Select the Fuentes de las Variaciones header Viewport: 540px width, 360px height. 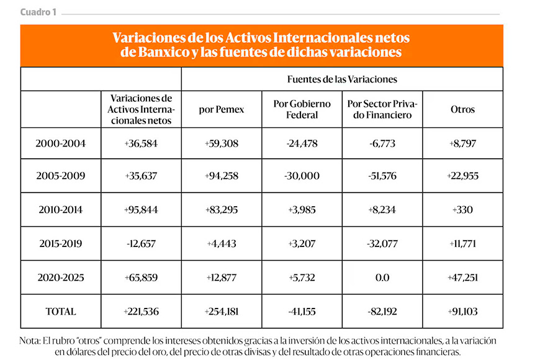click(342, 79)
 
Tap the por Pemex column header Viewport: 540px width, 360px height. click(222, 109)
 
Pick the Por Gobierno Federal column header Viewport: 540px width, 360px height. click(302, 109)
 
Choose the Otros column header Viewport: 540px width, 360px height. click(462, 109)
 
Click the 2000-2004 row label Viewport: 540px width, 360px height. click(61, 143)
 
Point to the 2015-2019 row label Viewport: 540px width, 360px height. click(61, 243)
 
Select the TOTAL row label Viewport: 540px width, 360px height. click(61, 311)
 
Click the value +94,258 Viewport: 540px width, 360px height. click(222, 176)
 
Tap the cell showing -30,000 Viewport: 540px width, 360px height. click(302, 176)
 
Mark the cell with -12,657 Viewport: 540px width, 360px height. click(141, 243)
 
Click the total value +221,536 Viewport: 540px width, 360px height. click(141, 311)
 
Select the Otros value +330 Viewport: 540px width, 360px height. click(462, 209)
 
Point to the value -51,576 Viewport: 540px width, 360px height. click(382, 176)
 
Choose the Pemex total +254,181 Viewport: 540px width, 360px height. click(222, 311)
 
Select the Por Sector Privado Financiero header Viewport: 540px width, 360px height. click(382, 109)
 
